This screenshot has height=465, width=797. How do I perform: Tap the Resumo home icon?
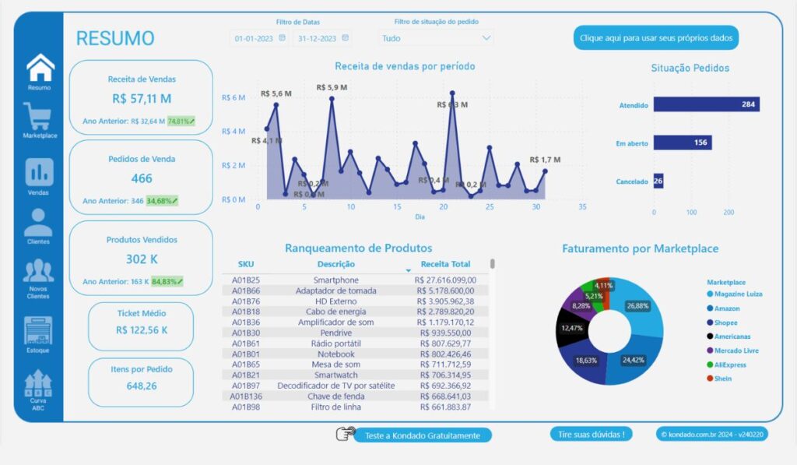(40, 68)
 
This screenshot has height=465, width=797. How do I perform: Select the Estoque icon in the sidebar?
(38, 330)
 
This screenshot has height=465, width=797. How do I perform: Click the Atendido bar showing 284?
(706, 104)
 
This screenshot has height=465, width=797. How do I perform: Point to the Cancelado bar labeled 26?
(658, 181)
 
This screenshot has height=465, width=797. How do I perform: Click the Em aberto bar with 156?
(683, 143)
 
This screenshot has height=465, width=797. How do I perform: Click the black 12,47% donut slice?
(572, 327)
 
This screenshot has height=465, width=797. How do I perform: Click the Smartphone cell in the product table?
(335, 280)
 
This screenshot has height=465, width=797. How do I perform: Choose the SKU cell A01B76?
(246, 301)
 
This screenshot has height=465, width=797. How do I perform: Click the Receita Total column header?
(445, 264)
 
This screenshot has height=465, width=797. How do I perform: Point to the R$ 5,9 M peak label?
(332, 87)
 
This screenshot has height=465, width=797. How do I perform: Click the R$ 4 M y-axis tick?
(233, 132)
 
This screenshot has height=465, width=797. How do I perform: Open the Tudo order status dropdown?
(436, 37)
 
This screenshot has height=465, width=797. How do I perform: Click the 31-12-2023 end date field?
(318, 37)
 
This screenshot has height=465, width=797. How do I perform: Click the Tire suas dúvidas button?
(591, 434)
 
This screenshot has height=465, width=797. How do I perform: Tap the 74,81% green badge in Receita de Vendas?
(181, 121)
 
